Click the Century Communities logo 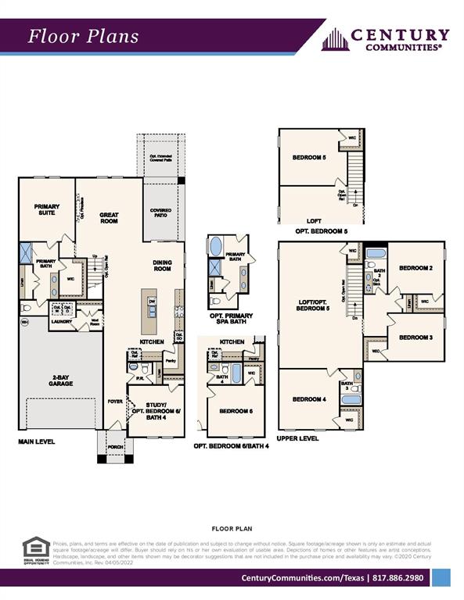pos(386,39)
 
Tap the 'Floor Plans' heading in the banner pos(84,36)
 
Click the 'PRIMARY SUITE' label pos(47,209)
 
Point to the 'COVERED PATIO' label pos(160,213)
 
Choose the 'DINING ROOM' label pos(162,266)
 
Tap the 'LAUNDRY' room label pos(61,321)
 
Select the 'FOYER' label pos(115,401)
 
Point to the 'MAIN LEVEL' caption pos(37,441)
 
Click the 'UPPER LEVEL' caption pos(297,439)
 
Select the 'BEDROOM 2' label pos(415,268)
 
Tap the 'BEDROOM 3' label pos(415,337)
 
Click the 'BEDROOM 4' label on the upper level pos(309,399)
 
